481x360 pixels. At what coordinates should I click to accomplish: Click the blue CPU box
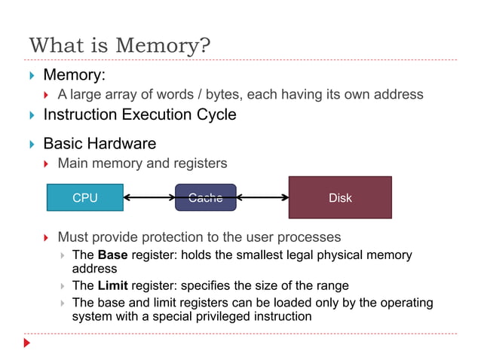click(x=85, y=197)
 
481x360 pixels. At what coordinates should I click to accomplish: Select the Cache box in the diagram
click(x=205, y=197)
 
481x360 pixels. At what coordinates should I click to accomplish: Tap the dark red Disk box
click(x=340, y=197)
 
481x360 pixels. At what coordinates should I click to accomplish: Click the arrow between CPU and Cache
click(x=149, y=198)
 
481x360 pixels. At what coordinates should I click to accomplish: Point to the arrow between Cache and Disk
click(x=262, y=198)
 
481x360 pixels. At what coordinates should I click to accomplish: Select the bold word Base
click(x=113, y=255)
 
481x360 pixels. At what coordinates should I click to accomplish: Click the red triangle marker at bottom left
click(x=28, y=343)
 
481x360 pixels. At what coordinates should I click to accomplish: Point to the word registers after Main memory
click(x=200, y=163)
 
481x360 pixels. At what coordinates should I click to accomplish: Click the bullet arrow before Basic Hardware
click(x=32, y=144)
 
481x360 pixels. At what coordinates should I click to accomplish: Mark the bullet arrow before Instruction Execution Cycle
click(x=32, y=116)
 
